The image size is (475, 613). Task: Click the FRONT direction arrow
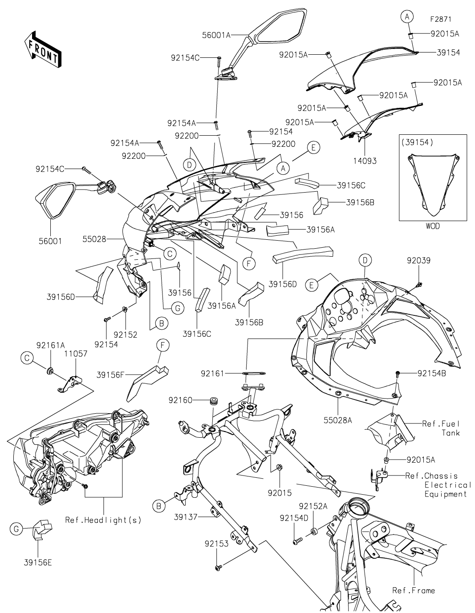click(43, 48)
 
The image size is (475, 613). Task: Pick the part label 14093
click(365, 161)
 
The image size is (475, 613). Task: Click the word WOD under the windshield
click(432, 226)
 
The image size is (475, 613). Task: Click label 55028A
click(338, 419)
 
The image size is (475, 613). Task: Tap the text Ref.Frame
click(413, 590)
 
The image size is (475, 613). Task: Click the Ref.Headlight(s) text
click(103, 520)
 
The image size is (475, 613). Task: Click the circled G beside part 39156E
click(16, 528)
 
